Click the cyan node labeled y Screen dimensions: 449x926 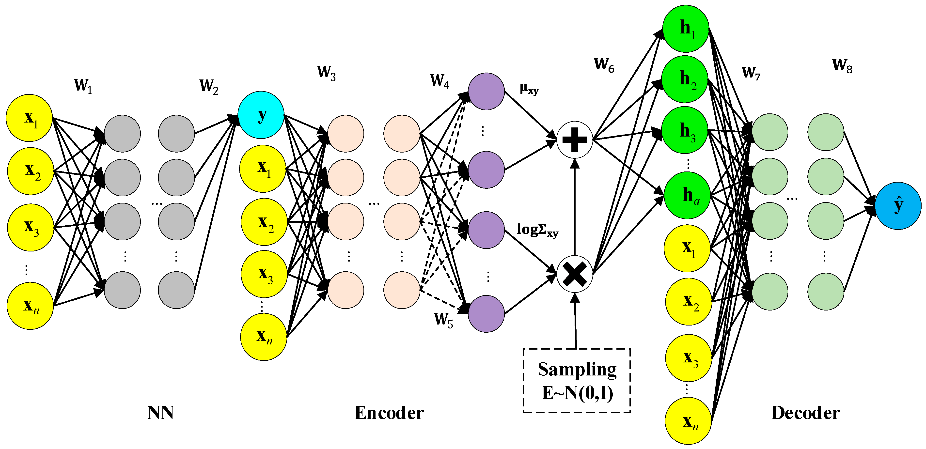tap(261, 115)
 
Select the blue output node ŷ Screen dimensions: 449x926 tap(898, 206)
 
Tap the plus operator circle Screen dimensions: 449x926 tap(574, 139)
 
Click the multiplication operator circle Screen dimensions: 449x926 tap(574, 274)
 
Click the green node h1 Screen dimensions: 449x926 tap(686, 28)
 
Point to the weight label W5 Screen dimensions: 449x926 tap(443, 319)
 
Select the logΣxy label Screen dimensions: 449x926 tap(537, 230)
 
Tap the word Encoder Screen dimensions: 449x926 tap(389, 413)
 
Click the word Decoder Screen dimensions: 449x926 tap(805, 413)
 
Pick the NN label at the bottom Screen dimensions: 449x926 tap(160, 413)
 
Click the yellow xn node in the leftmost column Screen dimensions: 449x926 tap(30, 306)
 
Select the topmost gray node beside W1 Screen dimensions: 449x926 tap(122, 133)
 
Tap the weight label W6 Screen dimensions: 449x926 tap(604, 65)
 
